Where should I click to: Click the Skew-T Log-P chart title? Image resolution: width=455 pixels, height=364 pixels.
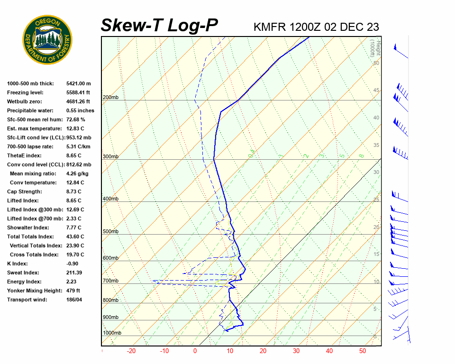coord(159,26)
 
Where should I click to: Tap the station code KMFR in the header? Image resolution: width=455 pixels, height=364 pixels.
coord(269,27)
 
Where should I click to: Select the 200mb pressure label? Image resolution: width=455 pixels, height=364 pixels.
coord(110,98)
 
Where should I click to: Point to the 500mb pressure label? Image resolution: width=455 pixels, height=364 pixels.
coord(110,232)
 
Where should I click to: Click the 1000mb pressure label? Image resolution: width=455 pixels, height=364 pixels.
coord(112,333)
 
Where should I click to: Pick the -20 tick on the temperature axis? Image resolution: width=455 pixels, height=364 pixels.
coord(131,351)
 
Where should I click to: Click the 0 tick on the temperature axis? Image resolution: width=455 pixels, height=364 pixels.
coord(195,351)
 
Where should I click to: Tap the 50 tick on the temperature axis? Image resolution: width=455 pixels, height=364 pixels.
coord(363,351)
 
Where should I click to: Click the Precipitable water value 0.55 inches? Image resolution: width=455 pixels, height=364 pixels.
coord(80,110)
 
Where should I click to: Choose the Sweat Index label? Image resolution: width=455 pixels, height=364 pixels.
coord(23,273)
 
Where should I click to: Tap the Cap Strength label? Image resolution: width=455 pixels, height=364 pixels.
coord(24,191)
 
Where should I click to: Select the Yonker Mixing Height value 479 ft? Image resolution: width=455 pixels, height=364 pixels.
coord(73,291)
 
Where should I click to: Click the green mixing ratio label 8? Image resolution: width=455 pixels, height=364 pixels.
coord(361,155)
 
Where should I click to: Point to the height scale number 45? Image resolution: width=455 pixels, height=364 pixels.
coord(376,91)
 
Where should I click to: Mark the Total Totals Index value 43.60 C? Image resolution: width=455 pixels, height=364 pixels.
coord(75,237)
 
